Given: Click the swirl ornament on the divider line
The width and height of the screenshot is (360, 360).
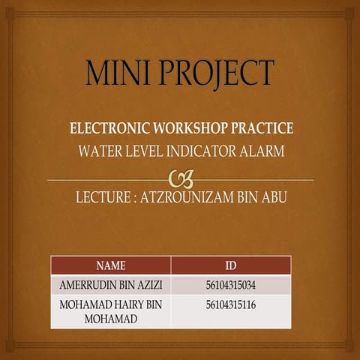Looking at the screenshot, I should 181,179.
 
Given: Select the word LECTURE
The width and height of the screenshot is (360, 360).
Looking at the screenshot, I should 103,199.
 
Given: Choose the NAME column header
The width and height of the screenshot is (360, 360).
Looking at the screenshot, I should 111,265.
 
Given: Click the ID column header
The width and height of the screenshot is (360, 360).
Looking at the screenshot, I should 231,265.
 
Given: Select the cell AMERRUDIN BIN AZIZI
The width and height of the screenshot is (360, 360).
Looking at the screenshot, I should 111,285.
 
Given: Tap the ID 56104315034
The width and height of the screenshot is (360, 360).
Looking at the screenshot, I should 231,285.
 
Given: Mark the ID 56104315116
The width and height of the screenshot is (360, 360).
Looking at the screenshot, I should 231,304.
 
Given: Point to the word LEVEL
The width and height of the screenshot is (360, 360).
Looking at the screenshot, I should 144,151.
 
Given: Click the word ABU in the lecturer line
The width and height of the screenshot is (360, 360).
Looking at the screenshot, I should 272,199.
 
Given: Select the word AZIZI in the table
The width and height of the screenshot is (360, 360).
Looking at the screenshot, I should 150,285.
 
